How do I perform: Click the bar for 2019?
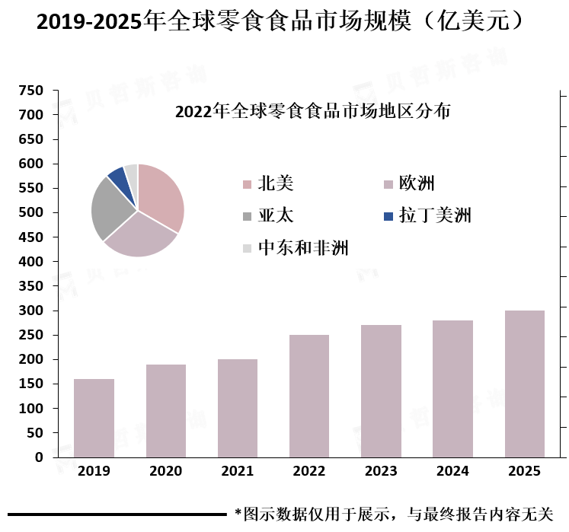point(94,418)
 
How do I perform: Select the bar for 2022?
point(309,396)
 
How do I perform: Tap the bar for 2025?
point(525,384)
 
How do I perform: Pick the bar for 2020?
point(166,411)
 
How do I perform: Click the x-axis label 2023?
point(381,472)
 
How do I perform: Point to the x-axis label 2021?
point(237,472)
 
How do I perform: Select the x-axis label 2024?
point(452,472)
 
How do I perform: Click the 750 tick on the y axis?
point(31,91)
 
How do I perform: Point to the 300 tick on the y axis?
point(31,311)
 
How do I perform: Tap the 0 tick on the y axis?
point(39,457)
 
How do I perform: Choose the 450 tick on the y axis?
point(31,237)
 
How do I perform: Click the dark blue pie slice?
point(118,178)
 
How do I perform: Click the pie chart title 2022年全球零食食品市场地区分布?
point(312,111)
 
